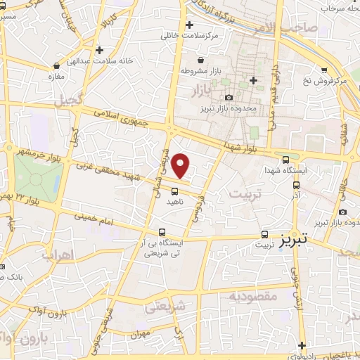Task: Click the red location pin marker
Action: (x=181, y=165)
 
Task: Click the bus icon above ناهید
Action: (x=174, y=190)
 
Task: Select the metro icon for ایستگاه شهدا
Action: (x=284, y=160)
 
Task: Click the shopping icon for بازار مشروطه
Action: (x=202, y=60)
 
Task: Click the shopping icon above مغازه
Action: (x=56, y=63)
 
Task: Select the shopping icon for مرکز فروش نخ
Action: (x=324, y=70)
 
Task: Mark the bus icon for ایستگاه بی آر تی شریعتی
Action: (x=162, y=232)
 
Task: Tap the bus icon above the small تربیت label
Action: (x=264, y=234)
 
